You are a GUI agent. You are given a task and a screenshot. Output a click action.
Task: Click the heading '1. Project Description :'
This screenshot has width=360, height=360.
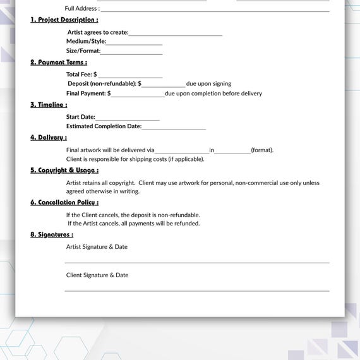[x=64, y=20]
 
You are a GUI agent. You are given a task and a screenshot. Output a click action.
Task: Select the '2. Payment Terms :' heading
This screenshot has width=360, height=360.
[x=59, y=62]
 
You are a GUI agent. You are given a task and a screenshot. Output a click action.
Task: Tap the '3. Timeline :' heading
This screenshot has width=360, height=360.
[x=49, y=104]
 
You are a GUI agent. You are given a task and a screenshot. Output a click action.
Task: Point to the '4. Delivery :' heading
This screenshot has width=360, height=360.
[x=48, y=137]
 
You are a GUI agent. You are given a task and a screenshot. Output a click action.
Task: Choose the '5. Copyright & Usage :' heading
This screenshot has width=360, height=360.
[x=64, y=170]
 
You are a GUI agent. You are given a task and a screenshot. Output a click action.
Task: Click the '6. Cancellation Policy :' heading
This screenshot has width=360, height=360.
[x=64, y=202]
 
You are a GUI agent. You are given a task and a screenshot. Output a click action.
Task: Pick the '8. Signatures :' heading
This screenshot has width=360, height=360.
[x=51, y=234]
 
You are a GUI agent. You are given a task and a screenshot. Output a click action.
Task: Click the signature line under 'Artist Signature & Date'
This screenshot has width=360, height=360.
[x=197, y=261]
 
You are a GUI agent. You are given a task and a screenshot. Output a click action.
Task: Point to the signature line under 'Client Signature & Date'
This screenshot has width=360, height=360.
[x=197, y=290]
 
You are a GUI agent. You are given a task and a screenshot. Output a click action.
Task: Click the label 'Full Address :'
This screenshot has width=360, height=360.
[x=82, y=8]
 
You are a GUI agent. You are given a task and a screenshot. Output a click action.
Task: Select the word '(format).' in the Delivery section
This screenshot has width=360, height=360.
[x=262, y=150]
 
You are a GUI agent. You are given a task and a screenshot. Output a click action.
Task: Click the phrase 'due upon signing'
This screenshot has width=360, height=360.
[x=208, y=83]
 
